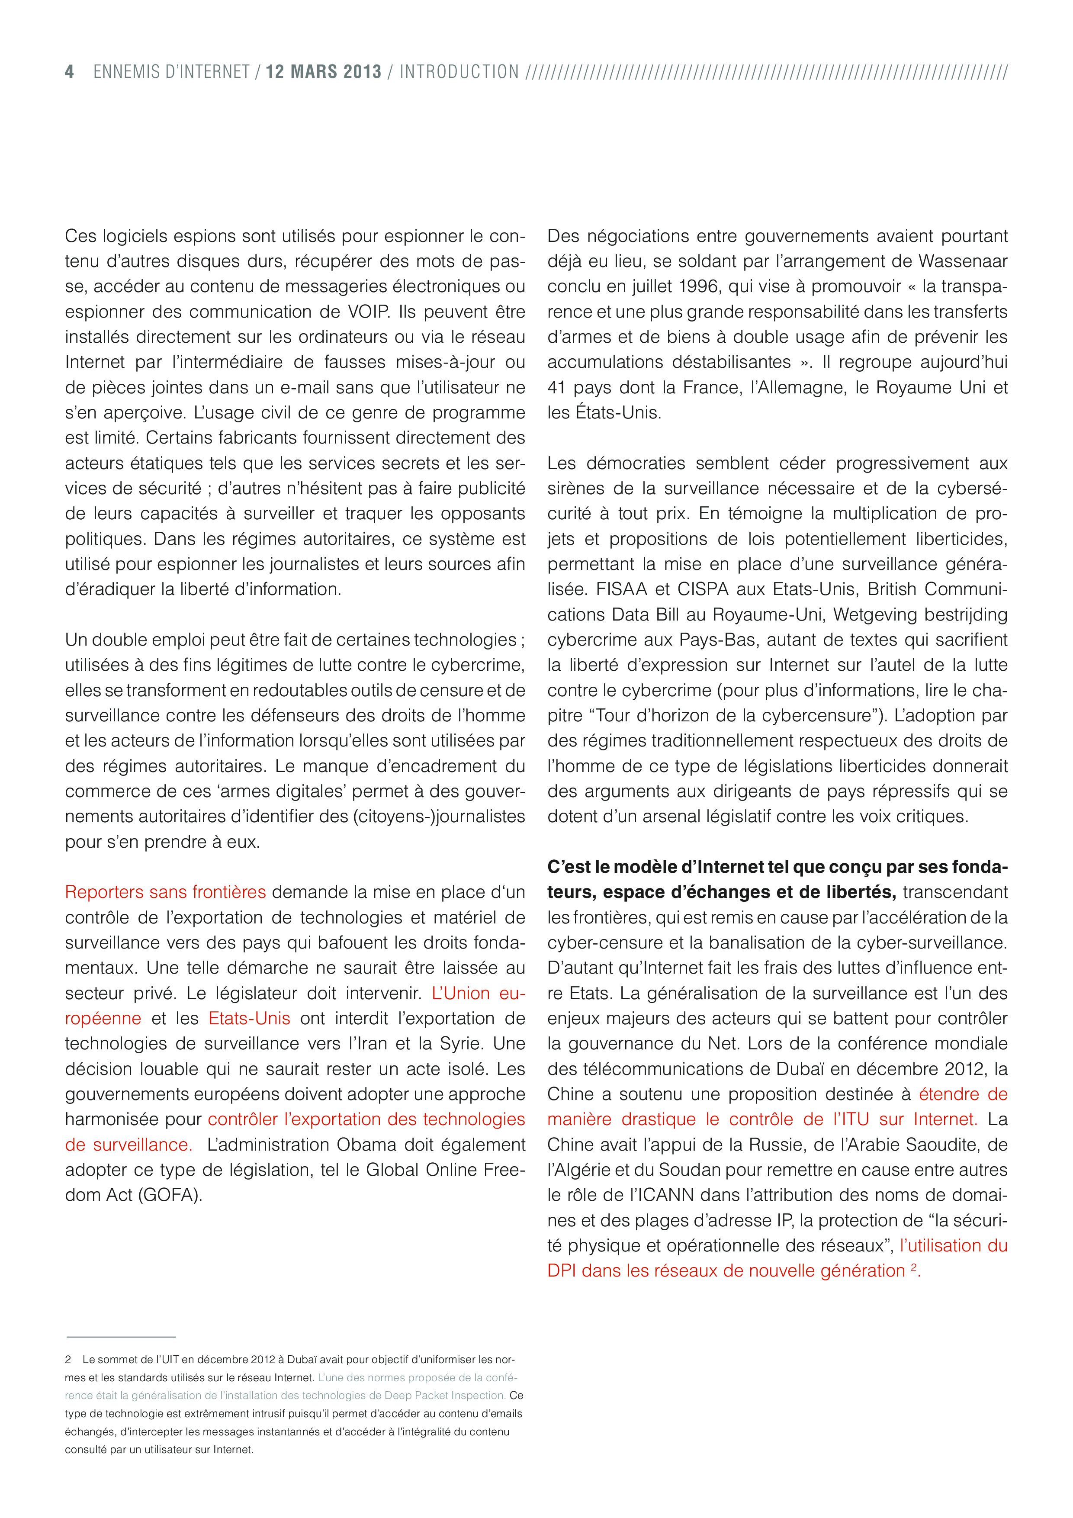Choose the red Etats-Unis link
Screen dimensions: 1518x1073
[249, 1018]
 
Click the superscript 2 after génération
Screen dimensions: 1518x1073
[914, 1267]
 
